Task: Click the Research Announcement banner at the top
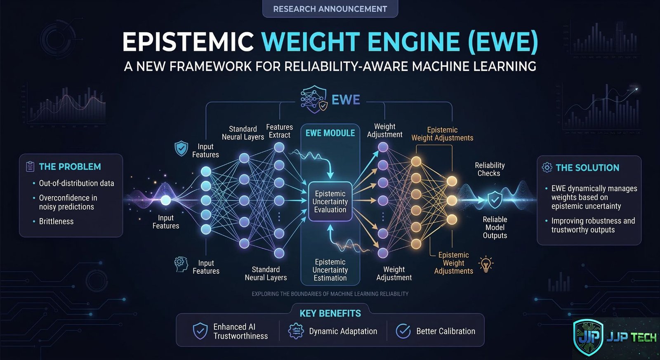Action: pos(330,9)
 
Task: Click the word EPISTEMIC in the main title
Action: pos(188,42)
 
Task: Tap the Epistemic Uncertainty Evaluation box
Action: pos(330,202)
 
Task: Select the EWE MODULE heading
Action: pos(330,133)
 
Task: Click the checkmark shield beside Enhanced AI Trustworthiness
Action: pos(200,331)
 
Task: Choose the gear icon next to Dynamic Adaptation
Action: pos(296,331)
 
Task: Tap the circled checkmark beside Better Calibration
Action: pos(403,331)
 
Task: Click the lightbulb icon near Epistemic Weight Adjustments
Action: pos(486,264)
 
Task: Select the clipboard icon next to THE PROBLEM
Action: pos(30,167)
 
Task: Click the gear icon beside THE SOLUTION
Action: pos(547,167)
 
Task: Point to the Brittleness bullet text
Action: pos(56,221)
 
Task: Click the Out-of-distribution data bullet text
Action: pos(76,183)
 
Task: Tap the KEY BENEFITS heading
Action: pos(330,313)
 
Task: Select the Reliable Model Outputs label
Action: pos(495,227)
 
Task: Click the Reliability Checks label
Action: pos(489,169)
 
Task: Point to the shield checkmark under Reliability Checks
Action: pos(495,200)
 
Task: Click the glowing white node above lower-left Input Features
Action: pos(165,200)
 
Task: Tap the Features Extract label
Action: pos(279,131)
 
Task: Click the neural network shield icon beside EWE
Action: pos(314,99)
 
